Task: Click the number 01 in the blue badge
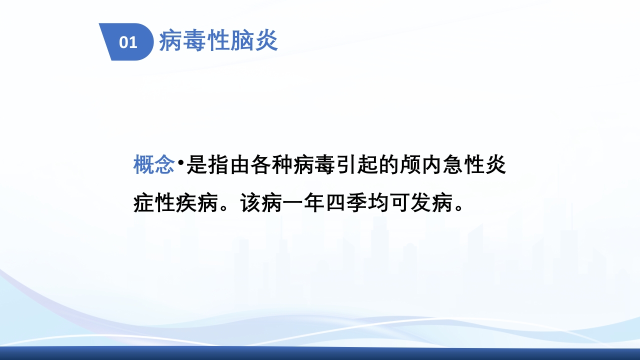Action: pyautogui.click(x=128, y=42)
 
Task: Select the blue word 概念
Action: pyautogui.click(x=154, y=164)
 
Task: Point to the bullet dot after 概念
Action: pyautogui.click(x=180, y=162)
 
